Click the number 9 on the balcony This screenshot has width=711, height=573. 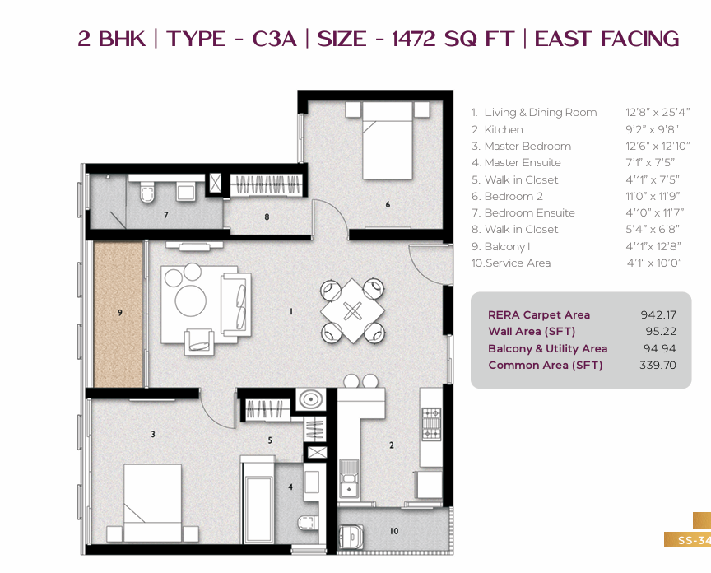click(x=119, y=313)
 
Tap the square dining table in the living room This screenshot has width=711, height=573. click(x=352, y=310)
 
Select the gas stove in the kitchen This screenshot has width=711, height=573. click(x=431, y=424)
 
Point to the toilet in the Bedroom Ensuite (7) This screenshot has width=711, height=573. click(x=147, y=193)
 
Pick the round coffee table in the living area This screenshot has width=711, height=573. click(x=190, y=300)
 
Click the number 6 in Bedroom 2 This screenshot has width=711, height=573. click(x=388, y=205)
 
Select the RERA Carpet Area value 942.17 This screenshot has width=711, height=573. click(x=658, y=314)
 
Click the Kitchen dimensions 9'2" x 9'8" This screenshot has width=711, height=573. click(x=652, y=130)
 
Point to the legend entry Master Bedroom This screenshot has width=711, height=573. click(x=527, y=146)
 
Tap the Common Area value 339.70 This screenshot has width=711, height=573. click(x=658, y=366)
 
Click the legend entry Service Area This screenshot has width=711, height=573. click(x=518, y=263)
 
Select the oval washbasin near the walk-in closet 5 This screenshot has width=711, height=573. click(x=310, y=399)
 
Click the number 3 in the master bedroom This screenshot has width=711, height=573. click(x=153, y=434)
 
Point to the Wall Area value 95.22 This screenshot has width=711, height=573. click(x=661, y=332)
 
